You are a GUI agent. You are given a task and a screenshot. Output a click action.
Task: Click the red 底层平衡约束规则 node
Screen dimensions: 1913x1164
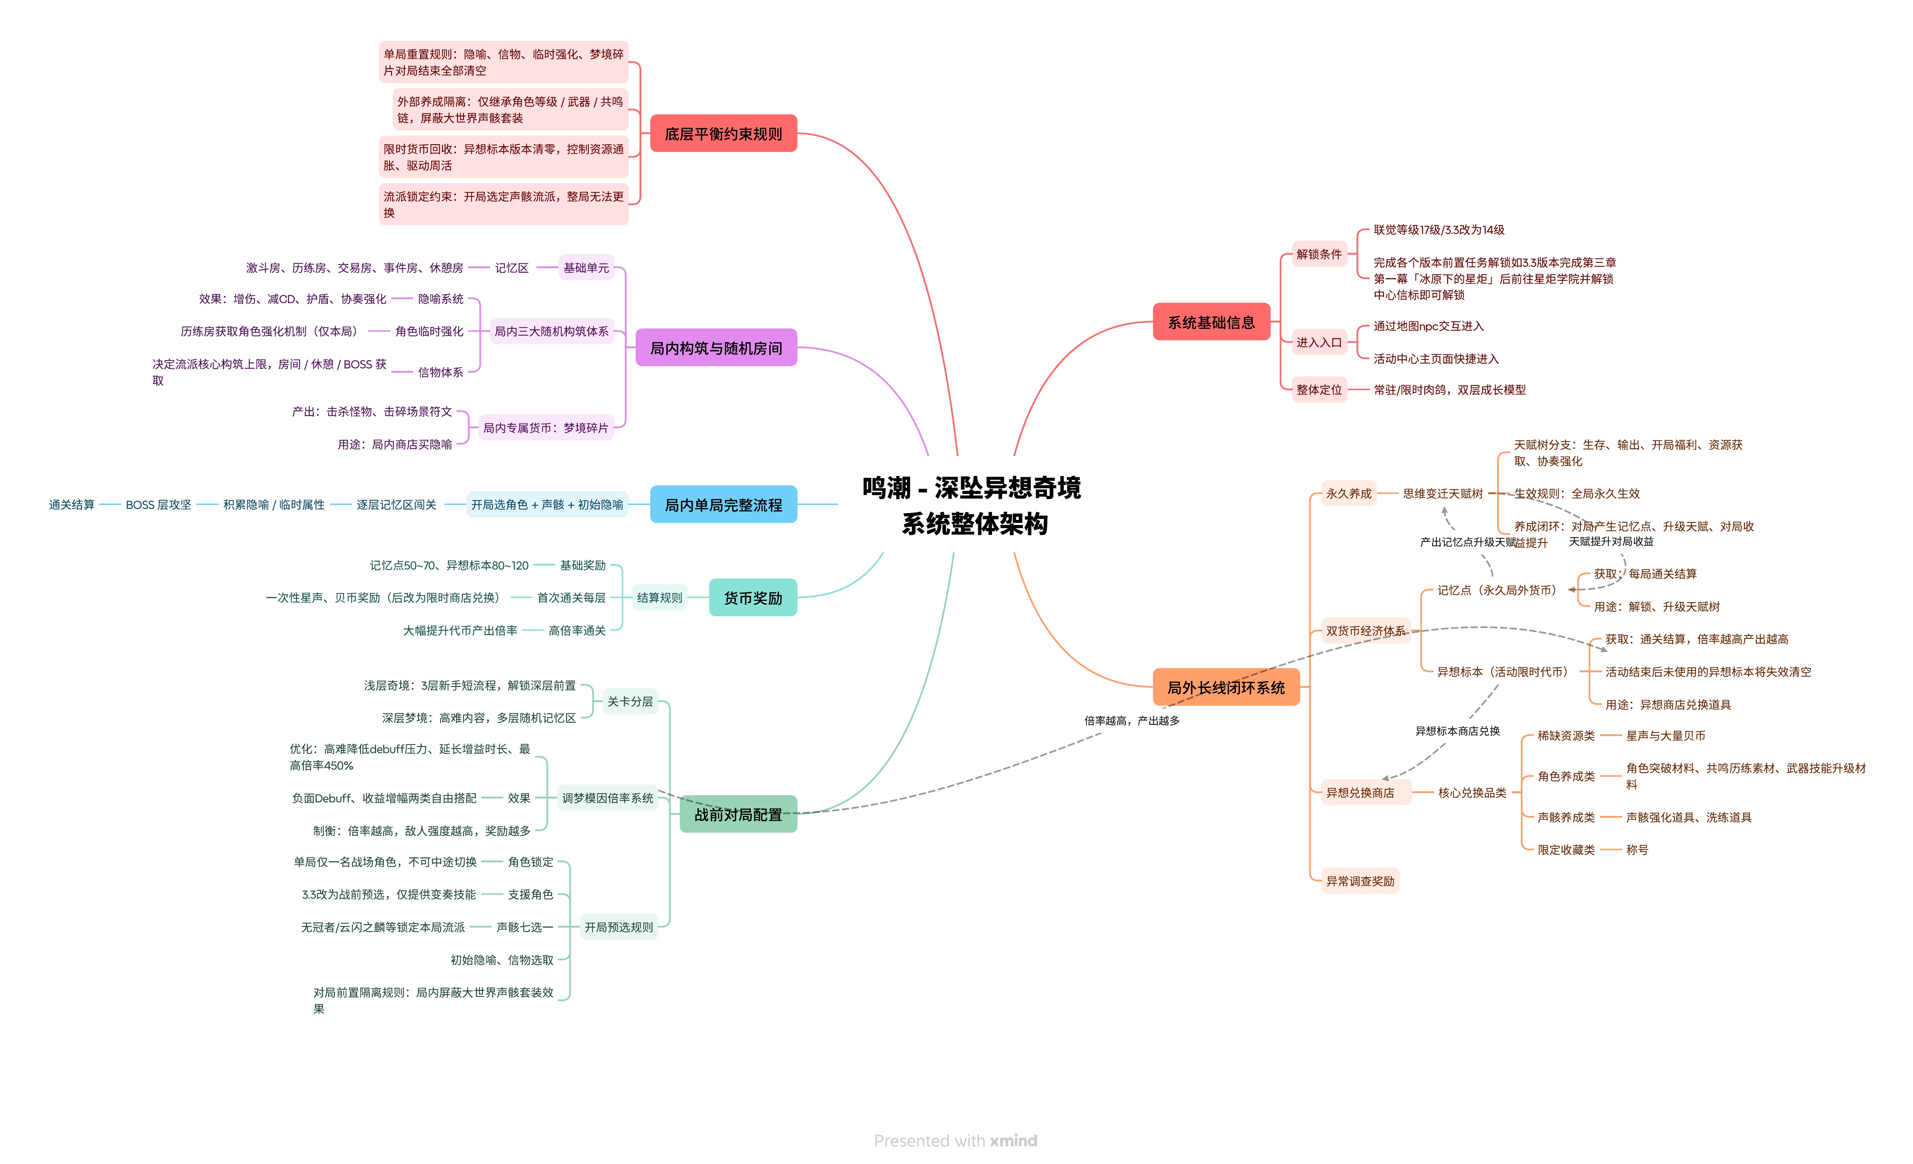[723, 133]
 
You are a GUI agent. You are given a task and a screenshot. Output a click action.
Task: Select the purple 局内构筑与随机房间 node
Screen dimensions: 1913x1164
[716, 348]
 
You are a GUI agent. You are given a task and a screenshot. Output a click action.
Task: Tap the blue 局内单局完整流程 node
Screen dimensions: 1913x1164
[723, 504]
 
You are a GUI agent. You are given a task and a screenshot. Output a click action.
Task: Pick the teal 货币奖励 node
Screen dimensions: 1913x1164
[752, 598]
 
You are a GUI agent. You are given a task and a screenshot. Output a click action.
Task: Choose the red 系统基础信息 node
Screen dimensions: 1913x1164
[1211, 322]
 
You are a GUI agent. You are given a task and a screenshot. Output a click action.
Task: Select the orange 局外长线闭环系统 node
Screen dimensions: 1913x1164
[1226, 687]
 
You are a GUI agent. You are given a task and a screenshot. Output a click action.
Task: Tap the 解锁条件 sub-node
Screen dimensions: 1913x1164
[1318, 254]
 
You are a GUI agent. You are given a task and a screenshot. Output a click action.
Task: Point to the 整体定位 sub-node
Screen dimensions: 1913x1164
[1318, 389]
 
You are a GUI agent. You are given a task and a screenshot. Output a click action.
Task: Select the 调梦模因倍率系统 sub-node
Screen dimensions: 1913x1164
[607, 798]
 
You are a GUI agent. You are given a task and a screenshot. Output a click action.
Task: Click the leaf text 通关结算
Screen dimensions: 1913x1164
[71, 504]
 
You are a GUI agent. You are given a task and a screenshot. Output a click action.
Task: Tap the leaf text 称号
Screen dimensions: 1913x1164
[1637, 850]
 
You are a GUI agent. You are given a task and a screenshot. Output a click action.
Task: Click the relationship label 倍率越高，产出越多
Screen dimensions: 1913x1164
[1132, 720]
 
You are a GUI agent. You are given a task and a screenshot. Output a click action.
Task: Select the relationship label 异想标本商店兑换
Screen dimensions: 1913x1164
[1457, 731]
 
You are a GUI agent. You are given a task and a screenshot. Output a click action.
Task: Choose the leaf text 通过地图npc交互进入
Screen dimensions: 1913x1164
[1429, 326]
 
